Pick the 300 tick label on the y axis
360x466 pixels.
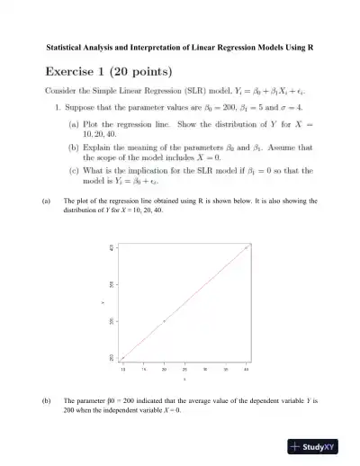point(113,320)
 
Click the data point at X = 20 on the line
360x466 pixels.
point(164,320)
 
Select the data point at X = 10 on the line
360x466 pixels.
point(122,357)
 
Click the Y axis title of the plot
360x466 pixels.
point(103,302)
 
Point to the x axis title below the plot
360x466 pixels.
point(184,379)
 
